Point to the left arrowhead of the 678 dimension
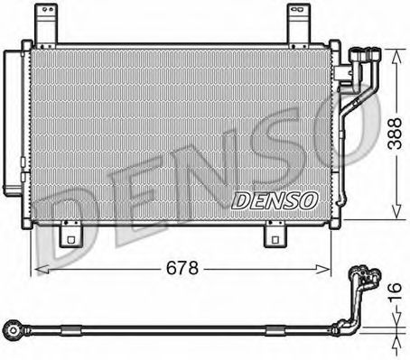point(36,269)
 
